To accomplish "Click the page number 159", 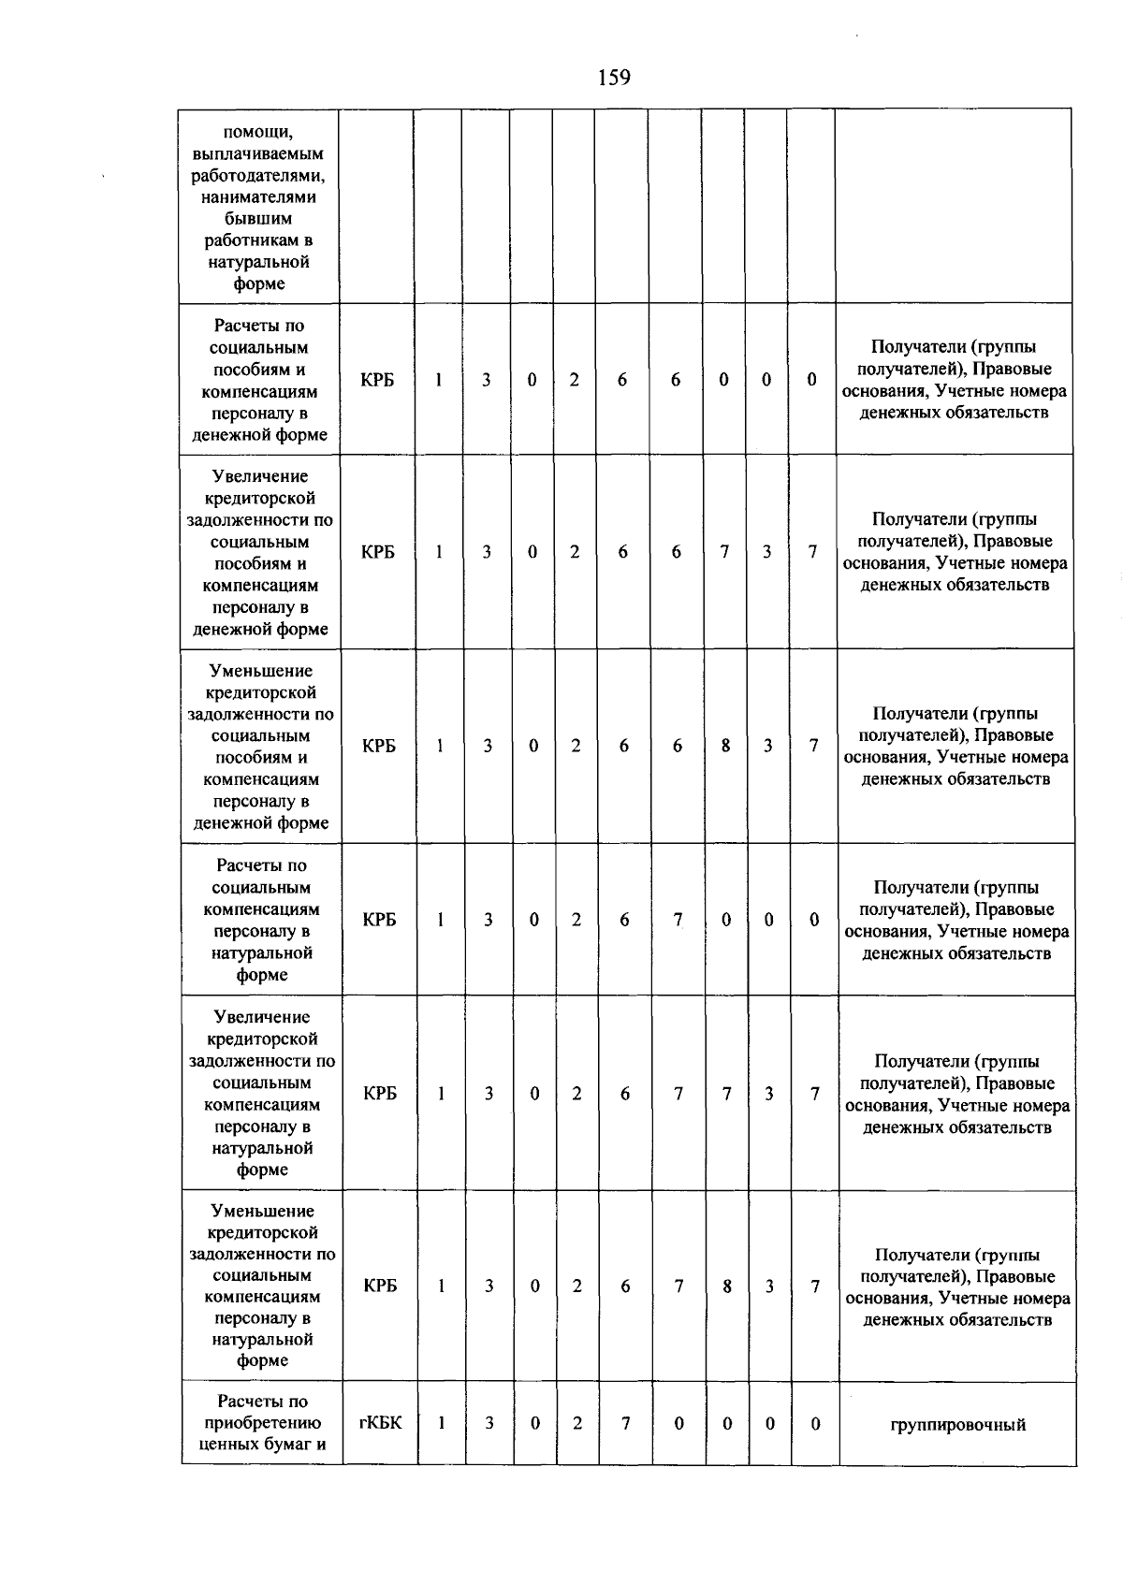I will (614, 78).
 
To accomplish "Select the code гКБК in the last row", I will (381, 1423).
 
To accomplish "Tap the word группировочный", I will (957, 1424).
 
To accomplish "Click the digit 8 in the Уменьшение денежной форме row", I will (725, 746).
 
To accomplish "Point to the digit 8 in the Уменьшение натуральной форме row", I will (727, 1286).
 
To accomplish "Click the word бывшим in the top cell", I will (259, 219).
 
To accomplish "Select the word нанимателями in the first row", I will (259, 197).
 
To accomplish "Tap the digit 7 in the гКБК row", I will (625, 1423).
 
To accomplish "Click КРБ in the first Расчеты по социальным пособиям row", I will (377, 380).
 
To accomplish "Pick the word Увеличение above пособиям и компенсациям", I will (260, 477).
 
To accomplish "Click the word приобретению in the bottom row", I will (263, 1423).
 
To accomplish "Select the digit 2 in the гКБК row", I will (577, 1423).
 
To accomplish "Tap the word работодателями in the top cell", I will (259, 175).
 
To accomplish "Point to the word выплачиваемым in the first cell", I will (259, 153).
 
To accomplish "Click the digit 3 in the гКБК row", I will (489, 1423).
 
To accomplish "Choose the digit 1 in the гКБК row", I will (441, 1423).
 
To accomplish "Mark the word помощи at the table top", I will (259, 132).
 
